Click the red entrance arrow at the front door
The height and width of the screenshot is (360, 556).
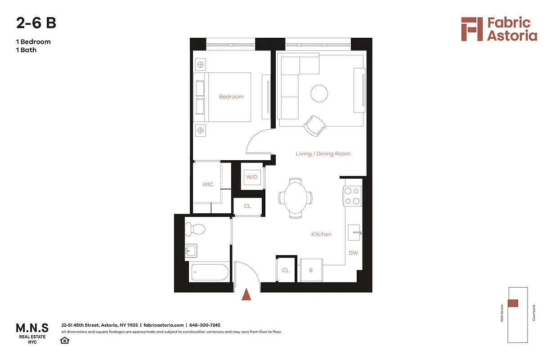[x=246, y=295]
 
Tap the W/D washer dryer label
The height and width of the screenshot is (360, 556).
[x=252, y=177]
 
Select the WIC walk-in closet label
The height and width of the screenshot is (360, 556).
[x=208, y=184]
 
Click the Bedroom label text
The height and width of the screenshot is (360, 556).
[x=231, y=97]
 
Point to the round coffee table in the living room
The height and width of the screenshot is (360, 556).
[x=319, y=94]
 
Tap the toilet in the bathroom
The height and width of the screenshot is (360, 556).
[x=196, y=229]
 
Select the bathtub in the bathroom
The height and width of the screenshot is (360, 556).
[x=210, y=272]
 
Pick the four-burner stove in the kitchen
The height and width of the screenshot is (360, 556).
[x=353, y=196]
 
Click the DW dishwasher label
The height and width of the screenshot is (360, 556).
[x=353, y=253]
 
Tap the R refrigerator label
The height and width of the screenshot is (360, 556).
[x=311, y=270]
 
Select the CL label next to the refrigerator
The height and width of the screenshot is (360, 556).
[x=286, y=270]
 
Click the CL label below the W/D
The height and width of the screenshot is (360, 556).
[x=247, y=206]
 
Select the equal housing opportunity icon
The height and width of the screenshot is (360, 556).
[x=65, y=340]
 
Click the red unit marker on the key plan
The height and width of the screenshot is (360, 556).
[x=513, y=303]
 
